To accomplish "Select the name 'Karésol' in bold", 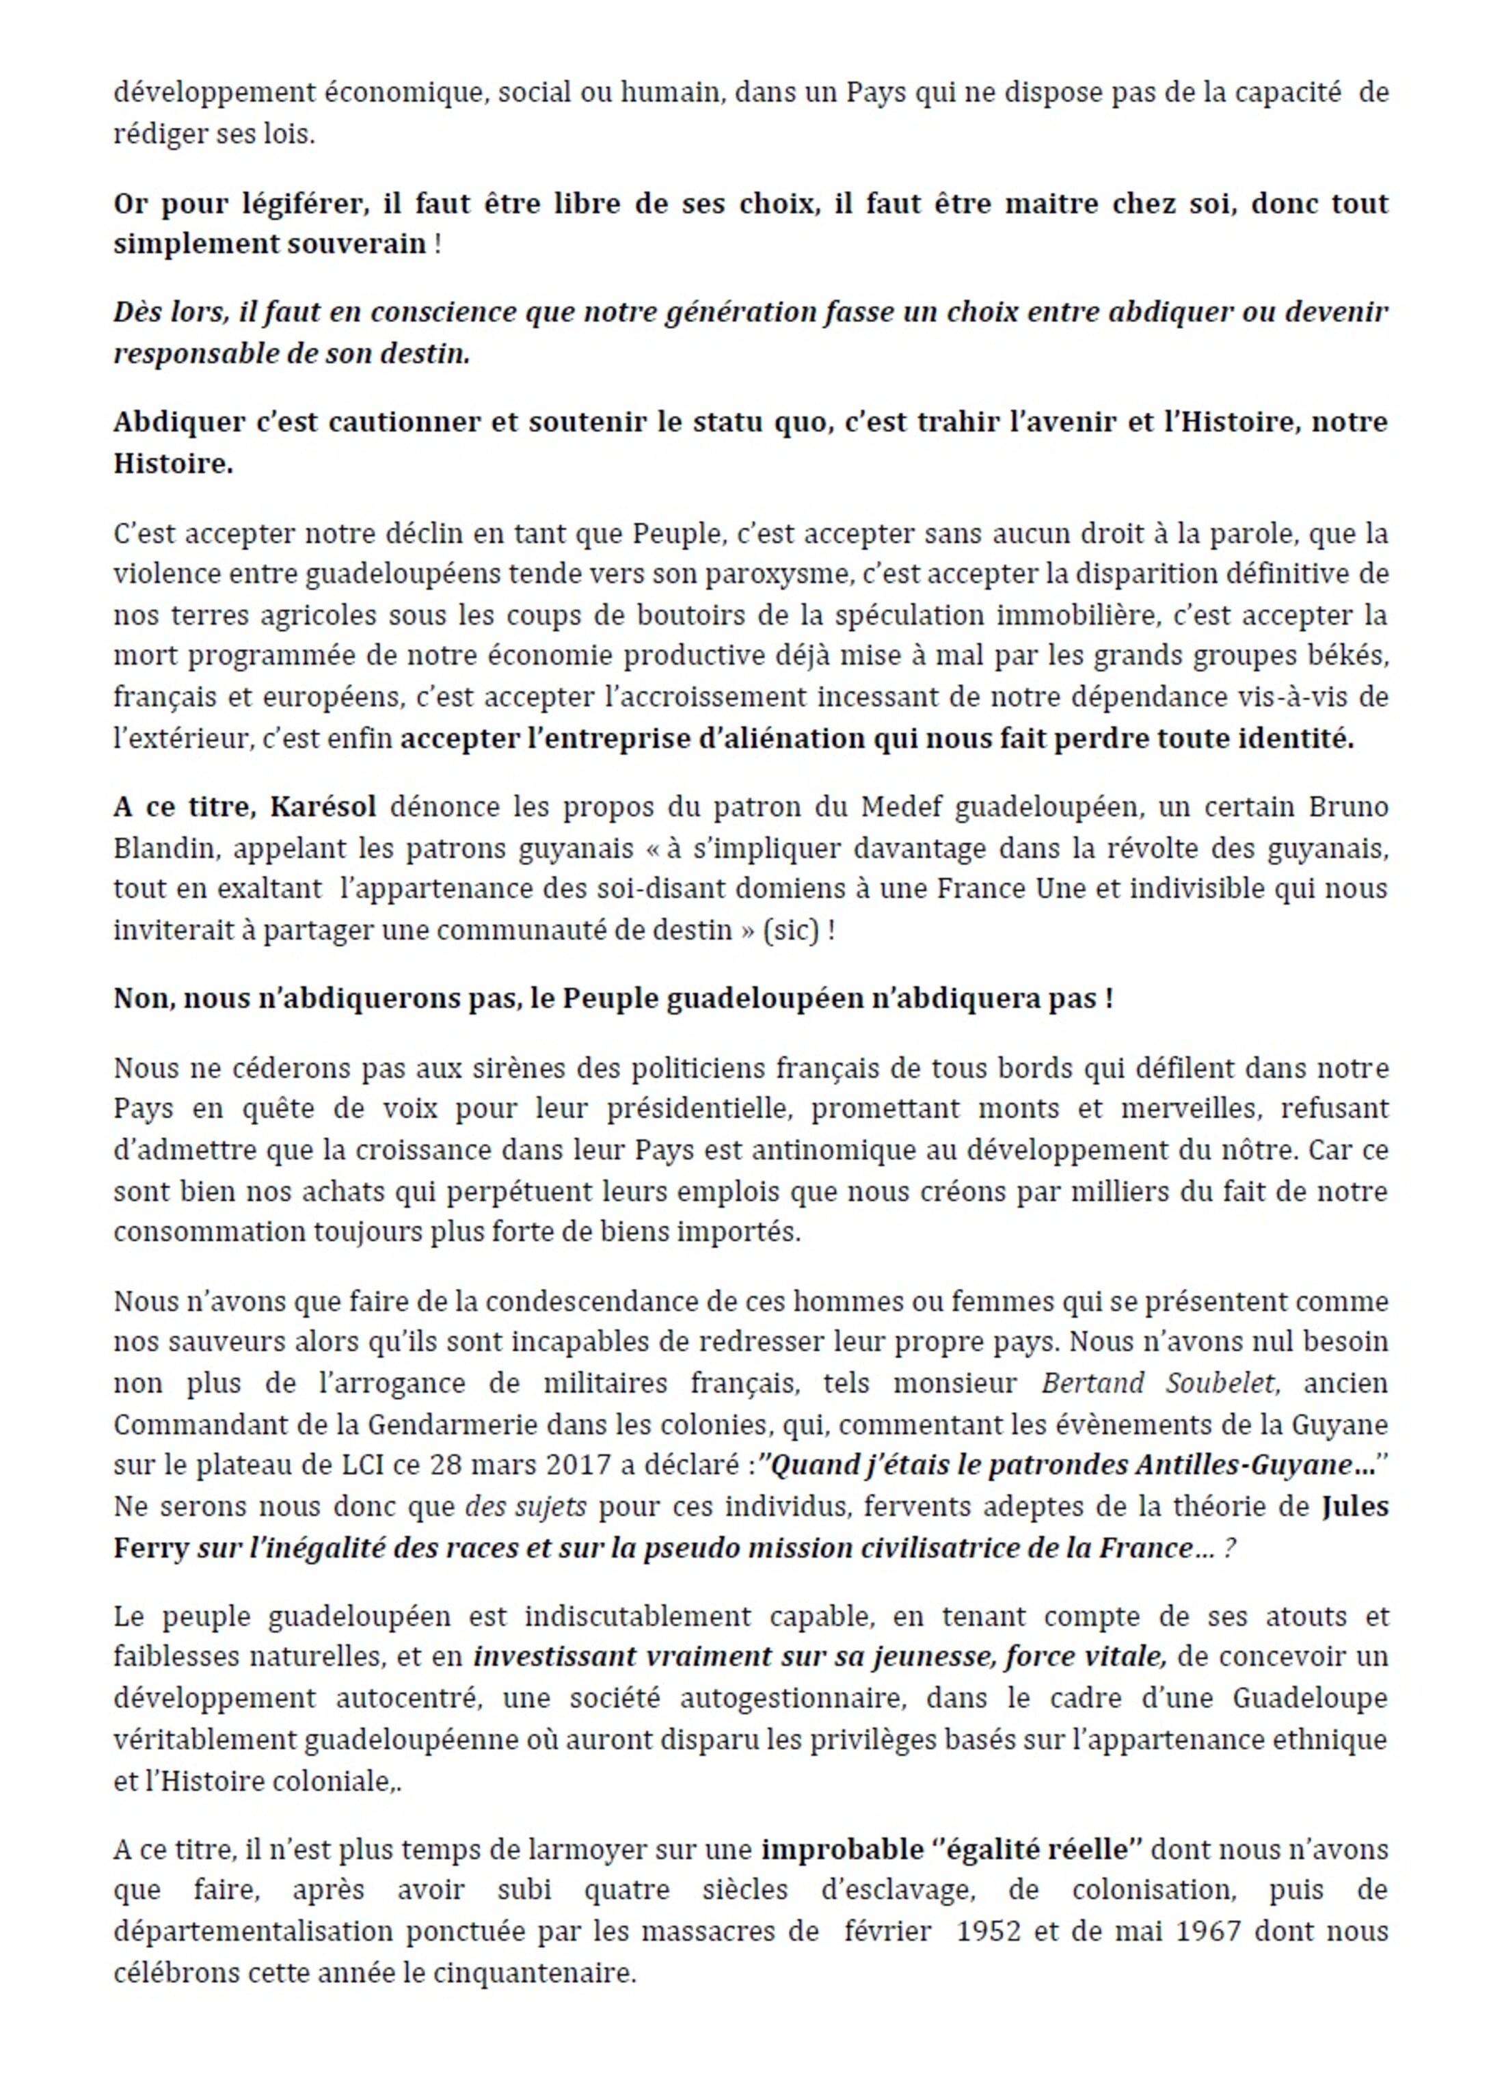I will (x=323, y=807).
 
